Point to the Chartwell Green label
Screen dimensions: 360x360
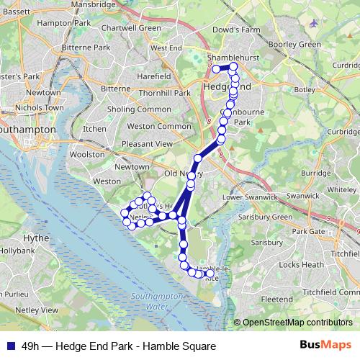[x=132, y=28]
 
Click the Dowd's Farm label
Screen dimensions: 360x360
[x=235, y=30]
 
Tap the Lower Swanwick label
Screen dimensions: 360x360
[x=251, y=196]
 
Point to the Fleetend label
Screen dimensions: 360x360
[x=276, y=299]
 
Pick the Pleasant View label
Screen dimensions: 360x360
[x=148, y=144]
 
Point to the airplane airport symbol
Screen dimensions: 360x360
[x=314, y=23]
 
